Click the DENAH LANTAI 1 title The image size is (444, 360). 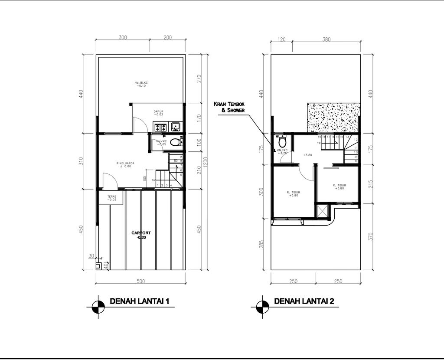click(139, 301)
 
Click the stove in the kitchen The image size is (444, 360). click(160, 128)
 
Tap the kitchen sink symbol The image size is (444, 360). click(176, 127)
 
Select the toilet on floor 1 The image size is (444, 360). click(175, 142)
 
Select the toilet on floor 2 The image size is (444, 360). click(282, 141)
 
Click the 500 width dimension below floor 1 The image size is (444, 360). click(140, 281)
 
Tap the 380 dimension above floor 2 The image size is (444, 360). click(326, 39)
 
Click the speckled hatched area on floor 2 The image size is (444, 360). click(333, 118)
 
